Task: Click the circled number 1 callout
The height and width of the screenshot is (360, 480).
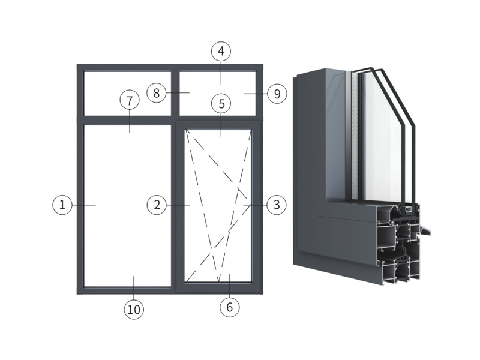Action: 62,205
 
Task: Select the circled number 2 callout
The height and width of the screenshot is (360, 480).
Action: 157,205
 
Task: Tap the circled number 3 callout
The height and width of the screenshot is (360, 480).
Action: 277,205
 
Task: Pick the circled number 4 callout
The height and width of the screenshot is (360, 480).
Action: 221,51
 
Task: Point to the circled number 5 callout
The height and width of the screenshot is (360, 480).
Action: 221,103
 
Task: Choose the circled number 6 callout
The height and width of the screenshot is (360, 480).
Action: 230,307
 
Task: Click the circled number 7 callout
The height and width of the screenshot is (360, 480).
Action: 130,100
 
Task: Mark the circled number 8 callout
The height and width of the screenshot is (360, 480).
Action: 157,93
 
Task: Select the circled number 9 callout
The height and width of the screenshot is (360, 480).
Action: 277,94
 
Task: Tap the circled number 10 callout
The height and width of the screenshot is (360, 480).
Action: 134,309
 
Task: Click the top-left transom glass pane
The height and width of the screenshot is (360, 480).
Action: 127,94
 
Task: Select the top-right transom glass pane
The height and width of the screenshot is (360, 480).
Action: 217,94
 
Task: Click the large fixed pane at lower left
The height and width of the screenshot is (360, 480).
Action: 127,206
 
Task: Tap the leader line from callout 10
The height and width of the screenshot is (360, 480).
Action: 134,288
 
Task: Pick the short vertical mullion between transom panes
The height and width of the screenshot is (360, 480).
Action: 175,94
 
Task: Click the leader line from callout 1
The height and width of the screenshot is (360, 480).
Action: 84,205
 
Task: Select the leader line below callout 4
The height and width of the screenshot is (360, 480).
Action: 221,73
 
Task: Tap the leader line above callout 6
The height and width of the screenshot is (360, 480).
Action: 230,286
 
